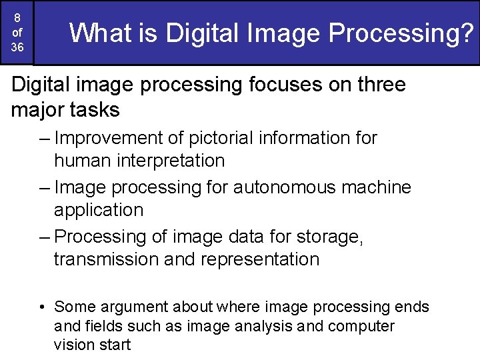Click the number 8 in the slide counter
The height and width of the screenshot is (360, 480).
click(x=18, y=19)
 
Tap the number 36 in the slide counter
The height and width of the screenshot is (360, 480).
click(x=18, y=48)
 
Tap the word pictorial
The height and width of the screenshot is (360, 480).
click(x=219, y=139)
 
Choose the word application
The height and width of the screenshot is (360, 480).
click(x=99, y=210)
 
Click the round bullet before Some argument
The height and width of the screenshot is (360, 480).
click(x=41, y=307)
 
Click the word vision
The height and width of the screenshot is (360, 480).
click(x=73, y=345)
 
